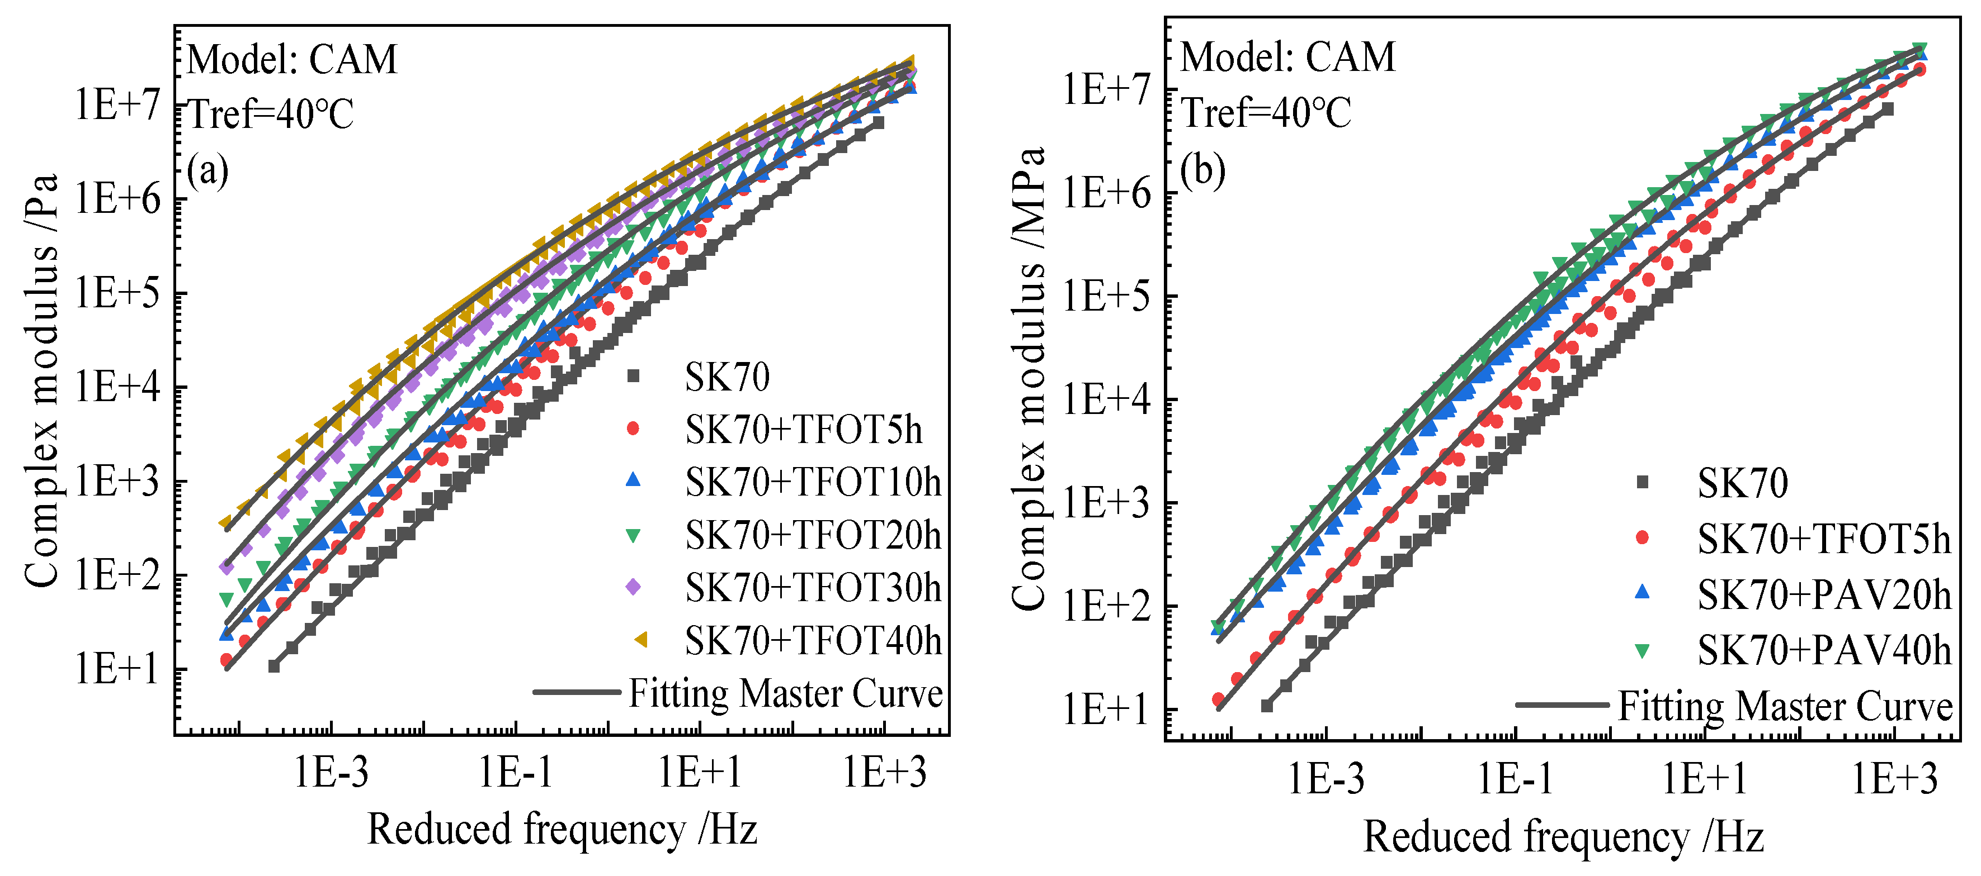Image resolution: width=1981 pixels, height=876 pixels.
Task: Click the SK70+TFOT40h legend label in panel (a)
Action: (x=813, y=641)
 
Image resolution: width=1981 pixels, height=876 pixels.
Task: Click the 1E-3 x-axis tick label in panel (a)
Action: (x=332, y=772)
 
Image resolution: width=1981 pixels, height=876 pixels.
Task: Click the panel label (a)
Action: (x=207, y=170)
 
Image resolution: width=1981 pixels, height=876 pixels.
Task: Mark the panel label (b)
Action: (x=1202, y=170)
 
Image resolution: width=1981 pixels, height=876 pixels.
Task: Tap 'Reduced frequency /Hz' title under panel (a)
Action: (x=562, y=830)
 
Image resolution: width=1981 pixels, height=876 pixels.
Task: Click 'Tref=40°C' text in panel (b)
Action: (x=1266, y=113)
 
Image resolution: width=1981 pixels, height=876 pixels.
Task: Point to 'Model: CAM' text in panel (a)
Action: (x=292, y=59)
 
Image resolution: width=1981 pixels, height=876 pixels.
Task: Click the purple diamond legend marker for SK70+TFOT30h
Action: (x=633, y=587)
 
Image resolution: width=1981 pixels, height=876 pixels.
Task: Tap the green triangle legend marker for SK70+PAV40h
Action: (x=1642, y=651)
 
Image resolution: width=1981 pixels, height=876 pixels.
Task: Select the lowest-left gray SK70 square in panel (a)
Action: (x=274, y=666)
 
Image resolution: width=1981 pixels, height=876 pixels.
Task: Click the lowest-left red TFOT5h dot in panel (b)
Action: (x=1218, y=699)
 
